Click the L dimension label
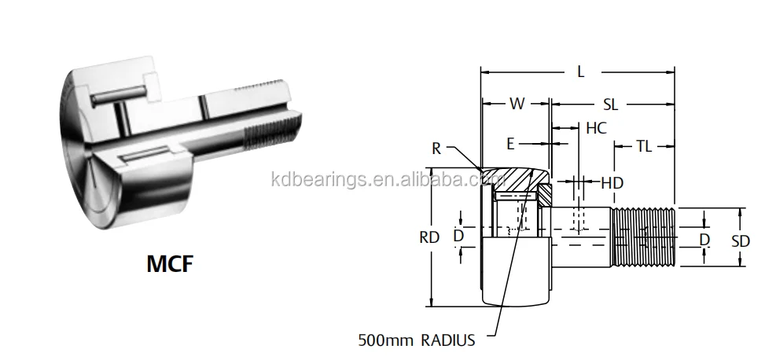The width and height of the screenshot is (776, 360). pyautogui.click(x=580, y=72)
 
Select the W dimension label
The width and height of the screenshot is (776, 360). pyautogui.click(x=517, y=103)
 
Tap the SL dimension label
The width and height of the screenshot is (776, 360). pyautogui.click(x=610, y=105)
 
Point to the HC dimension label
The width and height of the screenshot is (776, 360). pyautogui.click(x=596, y=127)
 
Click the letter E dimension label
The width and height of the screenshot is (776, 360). pyautogui.click(x=511, y=144)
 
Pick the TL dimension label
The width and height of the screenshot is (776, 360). pyautogui.click(x=643, y=146)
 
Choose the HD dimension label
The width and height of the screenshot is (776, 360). pyautogui.click(x=612, y=183)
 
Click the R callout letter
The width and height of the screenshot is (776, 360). pyautogui.click(x=436, y=149)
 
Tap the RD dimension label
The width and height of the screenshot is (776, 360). pyautogui.click(x=429, y=237)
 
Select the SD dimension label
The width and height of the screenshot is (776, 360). pyautogui.click(x=741, y=241)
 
